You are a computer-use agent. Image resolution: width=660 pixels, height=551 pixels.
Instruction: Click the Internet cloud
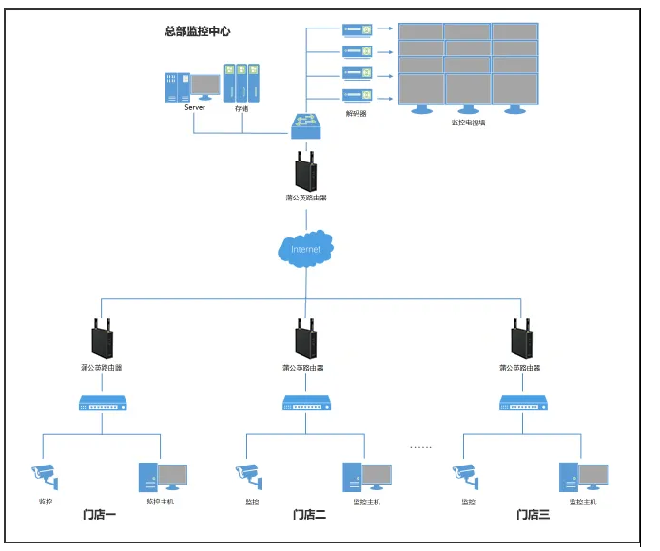coord(306,248)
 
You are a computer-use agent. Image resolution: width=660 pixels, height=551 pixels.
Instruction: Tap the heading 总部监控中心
coord(198,31)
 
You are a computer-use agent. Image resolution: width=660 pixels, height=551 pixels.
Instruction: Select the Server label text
coord(195,108)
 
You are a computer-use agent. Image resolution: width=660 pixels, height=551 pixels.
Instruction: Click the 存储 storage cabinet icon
coord(242,83)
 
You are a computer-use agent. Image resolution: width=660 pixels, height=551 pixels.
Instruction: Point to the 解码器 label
coord(358,113)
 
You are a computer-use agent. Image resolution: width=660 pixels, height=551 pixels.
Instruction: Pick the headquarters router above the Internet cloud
coord(306,171)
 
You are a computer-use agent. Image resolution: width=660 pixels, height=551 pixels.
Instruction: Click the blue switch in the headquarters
coord(306,123)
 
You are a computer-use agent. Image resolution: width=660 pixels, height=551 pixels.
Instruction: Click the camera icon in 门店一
coord(44,472)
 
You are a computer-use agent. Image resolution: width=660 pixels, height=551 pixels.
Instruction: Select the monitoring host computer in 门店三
coord(582,475)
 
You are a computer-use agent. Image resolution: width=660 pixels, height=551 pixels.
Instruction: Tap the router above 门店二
coord(304,338)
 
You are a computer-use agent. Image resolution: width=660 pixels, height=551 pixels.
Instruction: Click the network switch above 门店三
coord(524,404)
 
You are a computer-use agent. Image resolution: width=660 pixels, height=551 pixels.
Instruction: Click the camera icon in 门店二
coord(248,472)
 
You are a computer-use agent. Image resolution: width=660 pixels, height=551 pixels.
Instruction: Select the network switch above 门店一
coord(101,404)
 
